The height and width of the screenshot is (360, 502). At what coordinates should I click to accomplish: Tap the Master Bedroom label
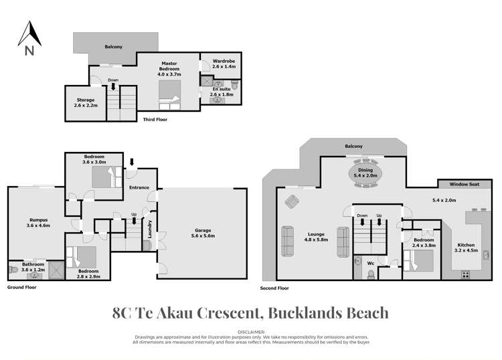[x=168, y=68]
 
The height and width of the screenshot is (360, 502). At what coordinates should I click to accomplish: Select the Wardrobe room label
[x=223, y=64]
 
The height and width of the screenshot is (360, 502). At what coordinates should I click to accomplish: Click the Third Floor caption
[x=155, y=119]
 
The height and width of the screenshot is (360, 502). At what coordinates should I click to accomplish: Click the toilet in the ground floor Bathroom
[x=13, y=270]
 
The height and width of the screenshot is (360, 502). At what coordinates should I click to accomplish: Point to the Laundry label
[x=151, y=230]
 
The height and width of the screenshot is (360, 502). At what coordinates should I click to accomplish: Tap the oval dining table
[x=365, y=173]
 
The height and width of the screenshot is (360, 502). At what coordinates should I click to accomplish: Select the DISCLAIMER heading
[x=251, y=331]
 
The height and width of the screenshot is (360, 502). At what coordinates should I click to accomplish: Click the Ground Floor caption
[x=21, y=286]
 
